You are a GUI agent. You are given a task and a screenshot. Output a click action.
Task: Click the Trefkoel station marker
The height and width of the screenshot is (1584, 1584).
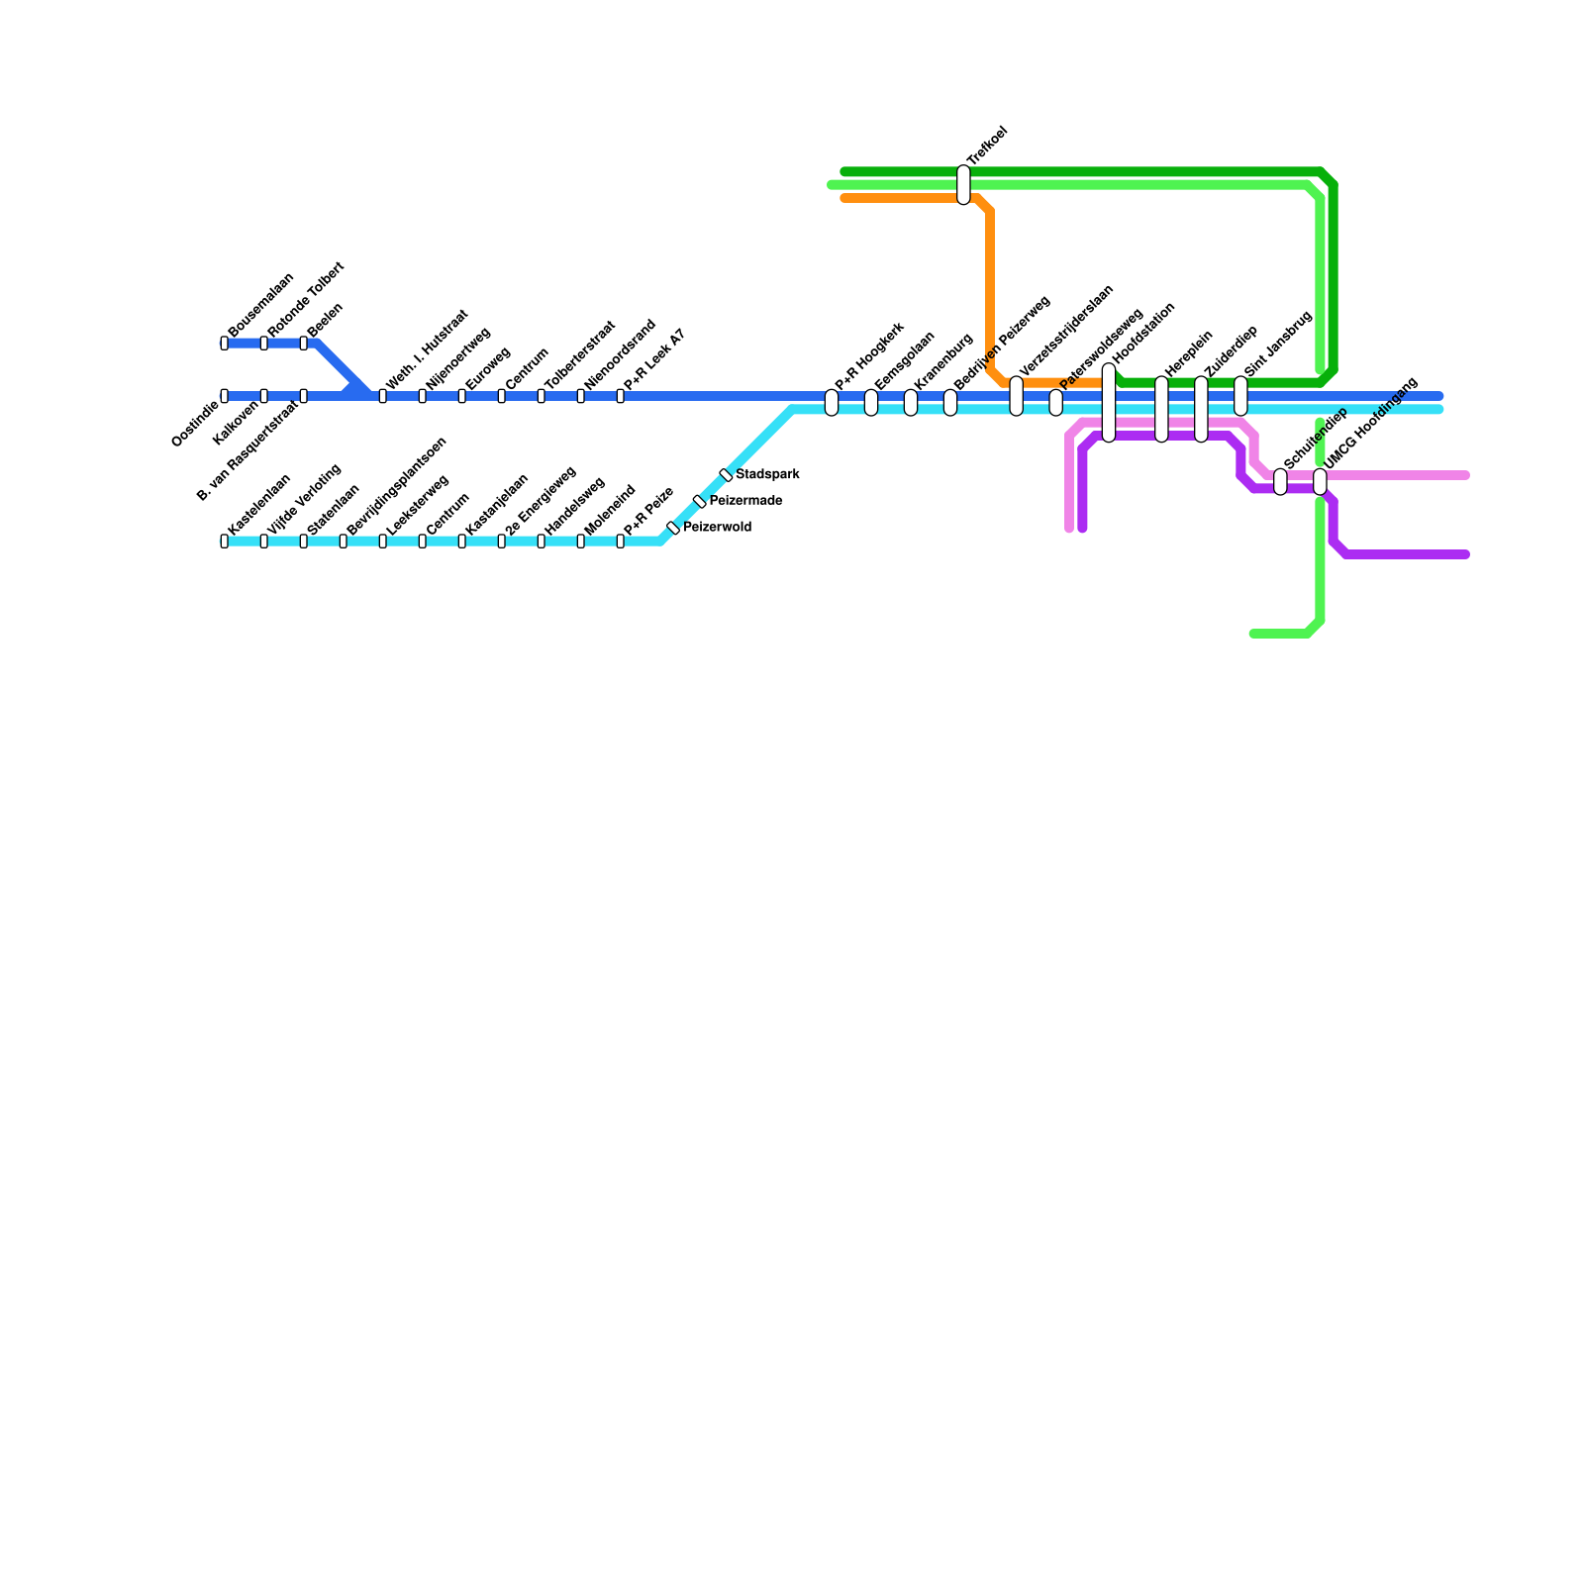point(963,185)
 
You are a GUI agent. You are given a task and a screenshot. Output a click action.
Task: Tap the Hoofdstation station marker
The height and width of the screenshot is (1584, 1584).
point(1109,403)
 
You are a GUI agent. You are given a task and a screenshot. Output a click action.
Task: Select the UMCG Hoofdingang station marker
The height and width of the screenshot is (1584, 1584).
point(1320,482)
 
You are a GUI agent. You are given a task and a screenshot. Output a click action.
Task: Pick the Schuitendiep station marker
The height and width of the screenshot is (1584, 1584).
point(1280,482)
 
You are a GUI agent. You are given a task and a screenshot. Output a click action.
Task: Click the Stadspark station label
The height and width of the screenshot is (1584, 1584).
point(767,475)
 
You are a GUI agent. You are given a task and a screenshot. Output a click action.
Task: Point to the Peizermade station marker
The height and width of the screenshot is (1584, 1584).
point(700,502)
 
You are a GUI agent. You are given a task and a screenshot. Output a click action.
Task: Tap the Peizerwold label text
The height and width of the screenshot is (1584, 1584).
point(717,528)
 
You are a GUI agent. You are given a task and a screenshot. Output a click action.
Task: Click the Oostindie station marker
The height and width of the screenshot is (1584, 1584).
point(225,396)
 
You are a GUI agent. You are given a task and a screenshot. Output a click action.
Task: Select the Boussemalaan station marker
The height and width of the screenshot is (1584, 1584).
point(225,344)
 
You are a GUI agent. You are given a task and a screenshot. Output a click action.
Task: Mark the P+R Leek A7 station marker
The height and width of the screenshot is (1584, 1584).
point(621,396)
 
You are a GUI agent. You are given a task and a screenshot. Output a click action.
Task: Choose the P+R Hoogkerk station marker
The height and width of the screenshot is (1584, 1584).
point(832,403)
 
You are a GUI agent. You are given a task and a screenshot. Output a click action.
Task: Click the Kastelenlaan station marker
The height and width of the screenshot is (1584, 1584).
point(225,542)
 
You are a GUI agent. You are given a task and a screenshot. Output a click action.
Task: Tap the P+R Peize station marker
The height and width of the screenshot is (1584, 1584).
point(621,542)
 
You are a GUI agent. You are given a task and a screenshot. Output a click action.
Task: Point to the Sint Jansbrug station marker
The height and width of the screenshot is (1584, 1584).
point(1240,396)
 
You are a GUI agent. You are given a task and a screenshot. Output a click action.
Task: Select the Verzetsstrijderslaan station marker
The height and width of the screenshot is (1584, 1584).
point(1017,396)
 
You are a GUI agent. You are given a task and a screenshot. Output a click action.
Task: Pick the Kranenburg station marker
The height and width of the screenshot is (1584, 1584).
point(911,403)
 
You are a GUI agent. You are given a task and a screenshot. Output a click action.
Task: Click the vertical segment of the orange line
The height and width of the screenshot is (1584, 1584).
point(990,287)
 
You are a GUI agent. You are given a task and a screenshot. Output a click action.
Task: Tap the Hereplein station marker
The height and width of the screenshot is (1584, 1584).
point(1161,409)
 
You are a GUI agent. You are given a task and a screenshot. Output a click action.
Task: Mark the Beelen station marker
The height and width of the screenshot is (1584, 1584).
point(304,344)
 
